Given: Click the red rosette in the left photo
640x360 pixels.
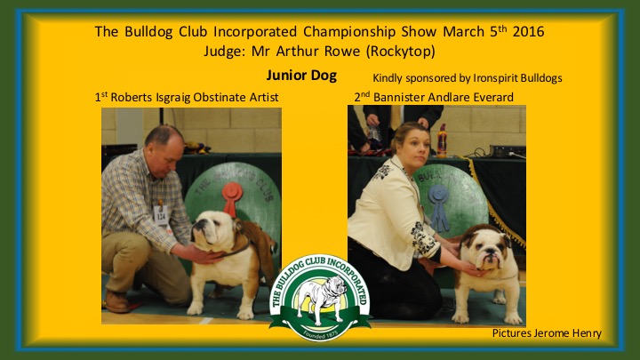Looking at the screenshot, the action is (x=232, y=198).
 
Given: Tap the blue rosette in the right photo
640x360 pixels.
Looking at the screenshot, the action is (x=439, y=207).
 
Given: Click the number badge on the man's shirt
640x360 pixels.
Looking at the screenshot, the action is (x=160, y=215).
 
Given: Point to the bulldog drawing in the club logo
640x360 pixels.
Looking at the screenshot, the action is (x=321, y=298).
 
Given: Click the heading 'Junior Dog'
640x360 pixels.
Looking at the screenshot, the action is (x=301, y=76).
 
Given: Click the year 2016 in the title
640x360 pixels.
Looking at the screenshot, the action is (x=528, y=31).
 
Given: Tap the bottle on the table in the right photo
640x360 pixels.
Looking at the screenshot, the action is (x=442, y=140).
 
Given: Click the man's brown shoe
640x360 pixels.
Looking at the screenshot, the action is (x=117, y=301).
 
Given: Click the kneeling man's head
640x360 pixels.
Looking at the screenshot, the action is (x=165, y=147).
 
